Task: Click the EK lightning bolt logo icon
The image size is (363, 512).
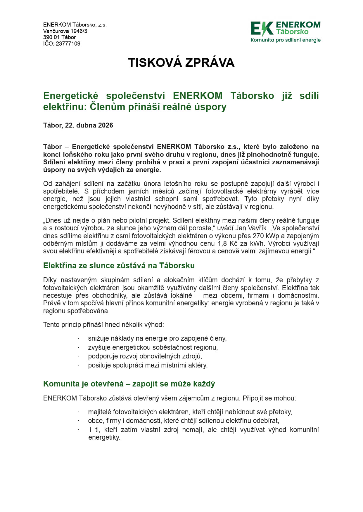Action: [262, 29]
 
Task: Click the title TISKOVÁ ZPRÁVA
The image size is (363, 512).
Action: [181, 63]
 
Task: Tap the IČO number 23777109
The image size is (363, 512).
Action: [68, 44]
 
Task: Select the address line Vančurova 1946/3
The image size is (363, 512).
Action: [65, 31]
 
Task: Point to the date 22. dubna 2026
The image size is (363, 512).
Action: [89, 125]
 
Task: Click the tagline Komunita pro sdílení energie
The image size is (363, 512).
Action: [286, 40]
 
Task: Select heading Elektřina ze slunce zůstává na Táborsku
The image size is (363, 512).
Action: [119, 266]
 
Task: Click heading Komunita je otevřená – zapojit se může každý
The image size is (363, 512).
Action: [129, 384]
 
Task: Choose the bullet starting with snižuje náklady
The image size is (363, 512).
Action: [157, 339]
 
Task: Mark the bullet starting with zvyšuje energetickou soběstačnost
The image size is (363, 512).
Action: [153, 347]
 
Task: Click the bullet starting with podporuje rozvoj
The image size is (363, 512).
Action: [145, 356]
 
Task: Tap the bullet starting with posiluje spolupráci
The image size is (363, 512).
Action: [148, 365]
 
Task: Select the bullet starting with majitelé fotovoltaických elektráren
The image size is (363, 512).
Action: [190, 412]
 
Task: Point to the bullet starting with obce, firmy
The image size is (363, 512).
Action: [183, 421]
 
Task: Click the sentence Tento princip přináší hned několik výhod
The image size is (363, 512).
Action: [103, 325]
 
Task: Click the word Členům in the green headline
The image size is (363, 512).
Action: [106, 107]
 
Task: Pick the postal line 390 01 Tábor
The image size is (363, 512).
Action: [59, 37]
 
